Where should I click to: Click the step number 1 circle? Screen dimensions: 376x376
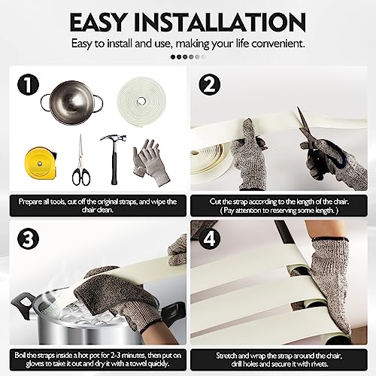[28, 85]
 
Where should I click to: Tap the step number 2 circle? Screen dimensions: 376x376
[210, 85]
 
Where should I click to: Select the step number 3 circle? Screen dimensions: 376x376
[28, 238]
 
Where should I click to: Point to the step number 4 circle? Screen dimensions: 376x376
[210, 238]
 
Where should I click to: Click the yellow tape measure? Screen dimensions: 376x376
[41, 163]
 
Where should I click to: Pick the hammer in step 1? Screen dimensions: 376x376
[114, 159]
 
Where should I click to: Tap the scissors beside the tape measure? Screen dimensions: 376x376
[81, 159]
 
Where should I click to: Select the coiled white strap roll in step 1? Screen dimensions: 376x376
[141, 101]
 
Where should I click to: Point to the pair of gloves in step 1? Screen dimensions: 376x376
[151, 162]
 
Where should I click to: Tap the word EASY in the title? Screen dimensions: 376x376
[98, 23]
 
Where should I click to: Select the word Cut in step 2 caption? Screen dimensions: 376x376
[216, 202]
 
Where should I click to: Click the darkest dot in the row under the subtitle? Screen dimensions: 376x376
[173, 57]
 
